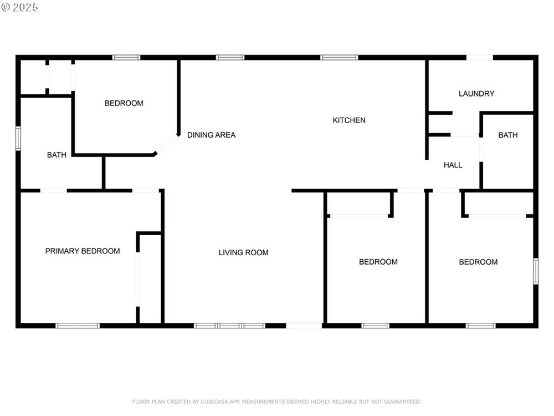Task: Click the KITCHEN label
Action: tap(348, 120)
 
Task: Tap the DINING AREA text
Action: tap(211, 135)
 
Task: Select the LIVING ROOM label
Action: tap(243, 252)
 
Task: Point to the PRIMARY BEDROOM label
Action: tap(83, 251)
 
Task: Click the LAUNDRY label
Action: tap(476, 94)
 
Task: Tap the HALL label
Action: tap(453, 165)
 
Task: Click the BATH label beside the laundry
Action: tap(507, 135)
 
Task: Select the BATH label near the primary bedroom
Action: tap(57, 155)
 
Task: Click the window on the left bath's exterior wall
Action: tap(18, 138)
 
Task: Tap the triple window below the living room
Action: tap(229, 326)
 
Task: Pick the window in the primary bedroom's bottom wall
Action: tap(78, 326)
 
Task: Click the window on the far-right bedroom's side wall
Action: tap(536, 271)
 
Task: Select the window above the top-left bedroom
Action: tap(126, 57)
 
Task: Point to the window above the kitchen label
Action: tap(339, 57)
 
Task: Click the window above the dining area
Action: tap(230, 57)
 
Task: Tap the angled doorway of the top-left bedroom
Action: tap(166, 144)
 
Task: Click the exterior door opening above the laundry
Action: tap(479, 57)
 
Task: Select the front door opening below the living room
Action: tap(304, 326)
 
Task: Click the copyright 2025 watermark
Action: tap(19, 7)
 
